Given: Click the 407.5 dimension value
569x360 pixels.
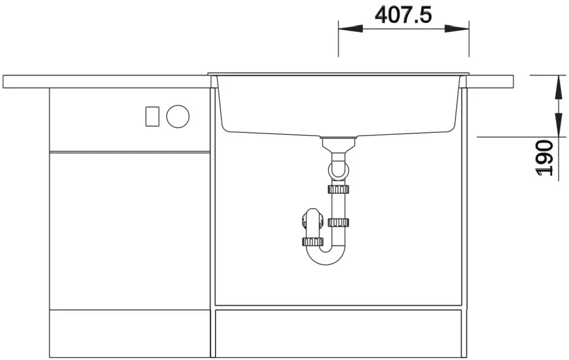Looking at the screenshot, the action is [x=403, y=15].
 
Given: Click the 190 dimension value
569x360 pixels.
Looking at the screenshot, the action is [x=545, y=158].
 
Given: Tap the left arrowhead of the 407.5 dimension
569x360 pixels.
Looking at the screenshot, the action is [x=350, y=29].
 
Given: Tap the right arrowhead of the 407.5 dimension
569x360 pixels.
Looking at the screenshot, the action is [x=457, y=29].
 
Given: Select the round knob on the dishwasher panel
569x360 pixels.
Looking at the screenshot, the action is [x=178, y=116].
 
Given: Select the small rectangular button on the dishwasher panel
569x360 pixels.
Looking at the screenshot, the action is [x=153, y=116].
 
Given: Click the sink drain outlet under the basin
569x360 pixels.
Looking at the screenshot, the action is [x=339, y=144].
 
